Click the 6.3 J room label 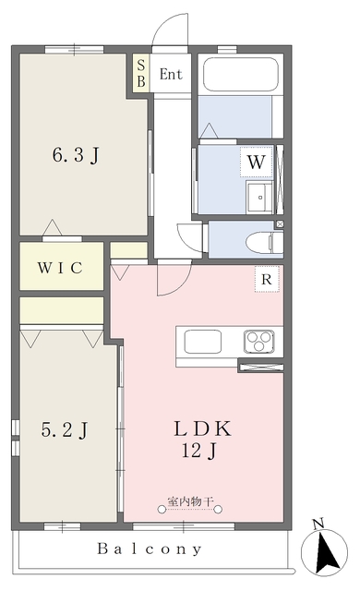coord(76,154)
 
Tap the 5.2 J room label coord(65,430)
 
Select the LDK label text coord(202,428)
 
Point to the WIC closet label coord(60,268)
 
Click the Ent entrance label coord(171,74)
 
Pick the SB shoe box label coord(141,73)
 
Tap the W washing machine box coord(256,163)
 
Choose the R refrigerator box coord(267,279)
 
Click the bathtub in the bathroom coord(241,74)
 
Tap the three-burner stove coord(259,341)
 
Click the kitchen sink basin coord(202,342)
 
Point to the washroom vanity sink coord(259,197)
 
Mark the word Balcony coord(150,549)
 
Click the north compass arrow coord(327,551)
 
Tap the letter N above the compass coord(318,524)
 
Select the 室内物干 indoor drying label coord(190,501)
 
